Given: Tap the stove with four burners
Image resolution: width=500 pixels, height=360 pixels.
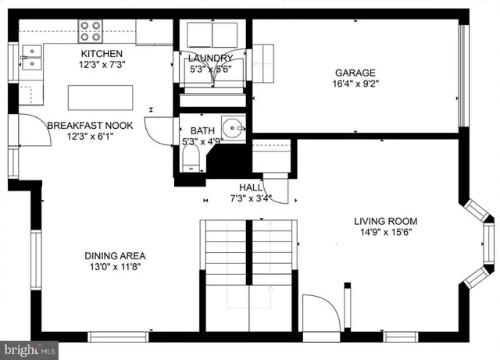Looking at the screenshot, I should (x=91, y=30).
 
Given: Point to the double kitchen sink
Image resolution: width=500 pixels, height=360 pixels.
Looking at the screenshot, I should (x=32, y=58).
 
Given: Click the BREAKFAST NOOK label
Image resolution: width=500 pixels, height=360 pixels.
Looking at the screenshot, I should (x=90, y=125).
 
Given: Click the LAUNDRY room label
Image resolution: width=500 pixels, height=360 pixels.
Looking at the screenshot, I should (x=209, y=59).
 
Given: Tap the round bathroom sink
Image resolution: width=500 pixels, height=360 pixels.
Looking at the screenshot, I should (x=232, y=126).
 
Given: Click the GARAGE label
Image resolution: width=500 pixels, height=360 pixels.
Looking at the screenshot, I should (x=356, y=72).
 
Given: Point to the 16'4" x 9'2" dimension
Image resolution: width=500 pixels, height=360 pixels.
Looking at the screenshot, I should (x=356, y=83).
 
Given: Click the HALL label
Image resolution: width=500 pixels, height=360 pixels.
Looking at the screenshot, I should (x=252, y=187).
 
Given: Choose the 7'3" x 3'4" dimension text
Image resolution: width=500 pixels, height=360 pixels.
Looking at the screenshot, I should (x=251, y=198).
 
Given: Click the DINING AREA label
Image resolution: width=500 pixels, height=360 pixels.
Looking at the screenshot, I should (x=115, y=255).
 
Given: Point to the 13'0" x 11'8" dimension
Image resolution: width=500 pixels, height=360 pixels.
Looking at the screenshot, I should (x=115, y=266).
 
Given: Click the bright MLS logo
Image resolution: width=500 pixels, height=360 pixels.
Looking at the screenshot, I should (x=29, y=350).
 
